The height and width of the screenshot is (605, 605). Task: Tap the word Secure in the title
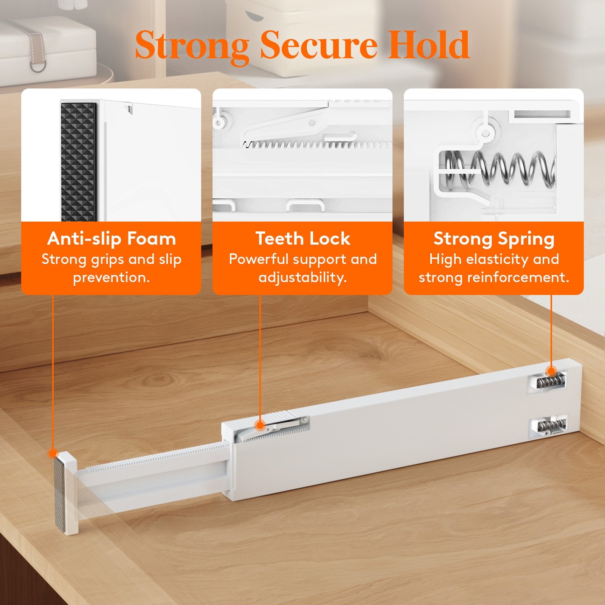point(318,45)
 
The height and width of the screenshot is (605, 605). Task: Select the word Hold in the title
point(428,45)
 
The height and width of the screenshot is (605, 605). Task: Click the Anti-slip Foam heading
point(112,239)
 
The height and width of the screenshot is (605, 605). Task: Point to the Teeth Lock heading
point(302,239)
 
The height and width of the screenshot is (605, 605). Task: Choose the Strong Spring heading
point(494,239)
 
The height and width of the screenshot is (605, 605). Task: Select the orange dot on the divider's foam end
point(53,453)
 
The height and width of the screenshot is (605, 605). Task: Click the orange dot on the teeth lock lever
point(260,425)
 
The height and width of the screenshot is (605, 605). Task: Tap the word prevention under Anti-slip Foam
point(112,278)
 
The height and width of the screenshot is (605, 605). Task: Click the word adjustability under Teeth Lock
point(302,278)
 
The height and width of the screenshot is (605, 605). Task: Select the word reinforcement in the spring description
point(518,278)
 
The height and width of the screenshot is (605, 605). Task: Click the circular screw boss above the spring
point(485,133)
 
